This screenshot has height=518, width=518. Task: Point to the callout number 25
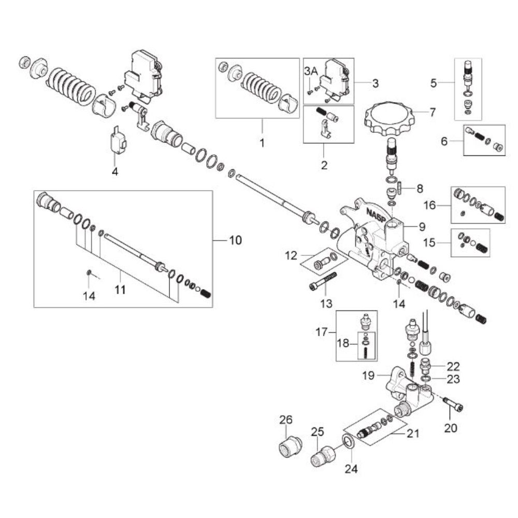(x=317, y=431)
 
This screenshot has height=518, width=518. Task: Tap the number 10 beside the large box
(x=235, y=240)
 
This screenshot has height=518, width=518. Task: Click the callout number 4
(x=115, y=170)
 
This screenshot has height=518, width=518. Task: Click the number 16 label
(x=430, y=205)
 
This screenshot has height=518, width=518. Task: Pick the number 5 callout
(x=434, y=82)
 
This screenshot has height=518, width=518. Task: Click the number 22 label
(x=453, y=366)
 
